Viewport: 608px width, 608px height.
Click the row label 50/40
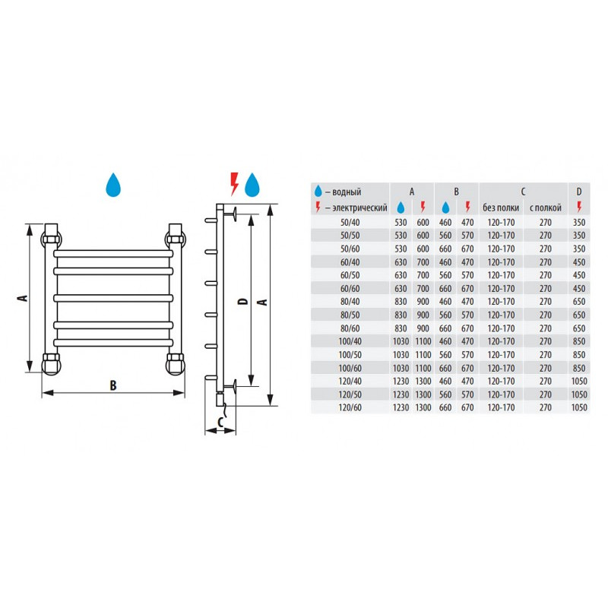click(350, 223)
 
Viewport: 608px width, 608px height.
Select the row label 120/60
click(350, 407)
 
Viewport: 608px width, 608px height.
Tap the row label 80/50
click(350, 315)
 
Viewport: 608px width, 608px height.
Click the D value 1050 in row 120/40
click(579, 382)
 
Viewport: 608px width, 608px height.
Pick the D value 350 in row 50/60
click(579, 249)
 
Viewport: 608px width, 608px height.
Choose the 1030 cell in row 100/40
click(401, 341)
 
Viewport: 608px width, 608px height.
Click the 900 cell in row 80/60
click(423, 328)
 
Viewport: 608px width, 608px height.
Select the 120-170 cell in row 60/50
click(501, 275)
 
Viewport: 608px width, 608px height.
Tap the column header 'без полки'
click(501, 207)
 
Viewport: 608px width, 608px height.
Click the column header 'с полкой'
click(545, 207)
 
